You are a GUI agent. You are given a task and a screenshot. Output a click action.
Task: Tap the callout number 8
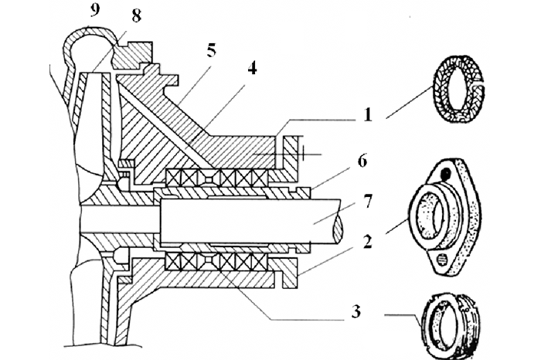tap(136, 15)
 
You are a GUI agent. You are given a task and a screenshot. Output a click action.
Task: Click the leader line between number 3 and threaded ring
tap(402, 313)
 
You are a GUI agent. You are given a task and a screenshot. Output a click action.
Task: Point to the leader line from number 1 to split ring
tap(406, 105)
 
